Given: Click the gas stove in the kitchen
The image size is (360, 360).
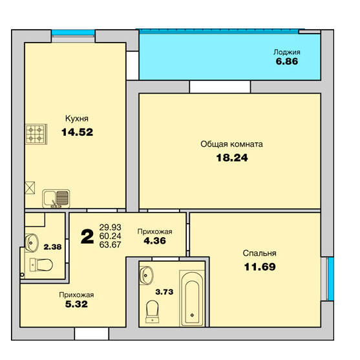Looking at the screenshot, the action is click(36, 134).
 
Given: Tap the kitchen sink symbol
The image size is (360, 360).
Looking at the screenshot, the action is click(56, 199).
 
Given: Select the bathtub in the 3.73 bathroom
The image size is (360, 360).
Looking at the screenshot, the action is click(192, 298).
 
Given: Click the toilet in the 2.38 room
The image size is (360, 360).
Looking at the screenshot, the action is click(41, 265).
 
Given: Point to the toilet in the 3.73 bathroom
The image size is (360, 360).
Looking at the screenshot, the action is click(153, 312).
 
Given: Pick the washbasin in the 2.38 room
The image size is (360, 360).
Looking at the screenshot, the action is click(32, 243).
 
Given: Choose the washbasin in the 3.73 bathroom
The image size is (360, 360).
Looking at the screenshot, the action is click(146, 275).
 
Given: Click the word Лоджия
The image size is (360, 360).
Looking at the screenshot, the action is click(287, 52).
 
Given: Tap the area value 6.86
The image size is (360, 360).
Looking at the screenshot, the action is click(287, 61).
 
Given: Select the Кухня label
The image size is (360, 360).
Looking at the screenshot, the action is click(77, 118).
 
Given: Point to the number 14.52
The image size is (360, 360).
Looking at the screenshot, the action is click(77, 132).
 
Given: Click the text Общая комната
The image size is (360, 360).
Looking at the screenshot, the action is click(231, 144).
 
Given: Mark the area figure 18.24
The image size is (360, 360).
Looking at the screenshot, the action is click(232, 158).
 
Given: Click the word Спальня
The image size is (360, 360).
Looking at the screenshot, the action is click(259, 253).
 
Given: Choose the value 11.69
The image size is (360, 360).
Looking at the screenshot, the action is click(260, 267).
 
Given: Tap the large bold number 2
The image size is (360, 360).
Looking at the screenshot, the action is click(87, 237).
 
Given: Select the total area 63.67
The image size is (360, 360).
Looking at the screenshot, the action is click(111, 245).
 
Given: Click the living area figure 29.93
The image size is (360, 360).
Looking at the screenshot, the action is click(111, 228).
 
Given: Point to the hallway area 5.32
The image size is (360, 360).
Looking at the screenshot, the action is click(76, 304).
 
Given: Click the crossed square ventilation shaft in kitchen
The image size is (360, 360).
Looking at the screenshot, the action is click(30, 188).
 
